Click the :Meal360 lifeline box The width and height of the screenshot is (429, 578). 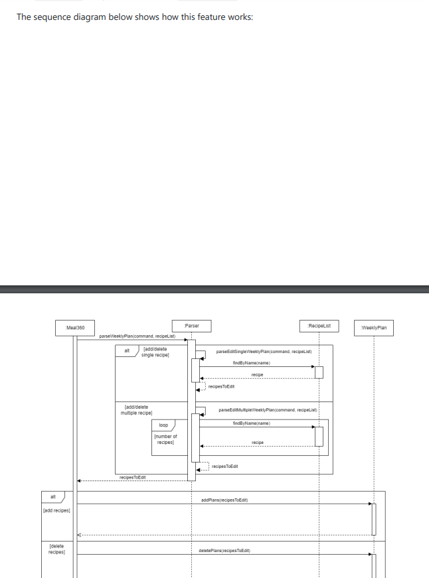(75, 327)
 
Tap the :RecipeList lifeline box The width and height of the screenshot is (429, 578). (319, 325)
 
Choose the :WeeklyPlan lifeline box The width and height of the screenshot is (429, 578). (375, 327)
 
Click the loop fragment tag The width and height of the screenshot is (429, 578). (163, 424)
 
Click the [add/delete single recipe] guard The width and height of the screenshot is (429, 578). (155, 352)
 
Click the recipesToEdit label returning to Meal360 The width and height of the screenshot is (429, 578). (132, 476)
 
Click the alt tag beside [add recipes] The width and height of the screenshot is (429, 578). (52, 496)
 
